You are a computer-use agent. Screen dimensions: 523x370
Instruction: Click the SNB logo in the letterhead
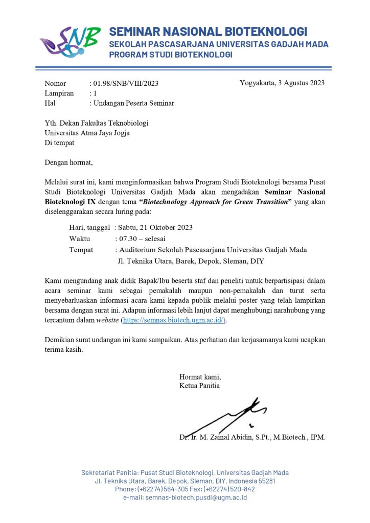tap(70, 42)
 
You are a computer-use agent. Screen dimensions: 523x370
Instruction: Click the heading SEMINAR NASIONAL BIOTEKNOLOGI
tap(208, 32)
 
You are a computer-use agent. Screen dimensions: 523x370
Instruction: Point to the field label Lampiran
tap(59, 93)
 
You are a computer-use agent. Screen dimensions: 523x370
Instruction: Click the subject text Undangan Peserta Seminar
tap(133, 103)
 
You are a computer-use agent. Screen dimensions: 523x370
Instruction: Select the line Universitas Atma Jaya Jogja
tap(87, 133)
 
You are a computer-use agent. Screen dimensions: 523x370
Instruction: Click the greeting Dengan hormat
tap(69, 163)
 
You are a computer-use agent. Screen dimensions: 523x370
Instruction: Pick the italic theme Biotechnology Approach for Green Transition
tap(215, 202)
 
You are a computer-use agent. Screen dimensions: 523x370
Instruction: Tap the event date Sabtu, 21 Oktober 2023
tap(155, 227)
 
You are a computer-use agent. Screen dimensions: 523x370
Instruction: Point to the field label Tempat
tap(81, 250)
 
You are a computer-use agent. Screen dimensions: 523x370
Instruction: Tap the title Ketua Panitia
tap(199, 386)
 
